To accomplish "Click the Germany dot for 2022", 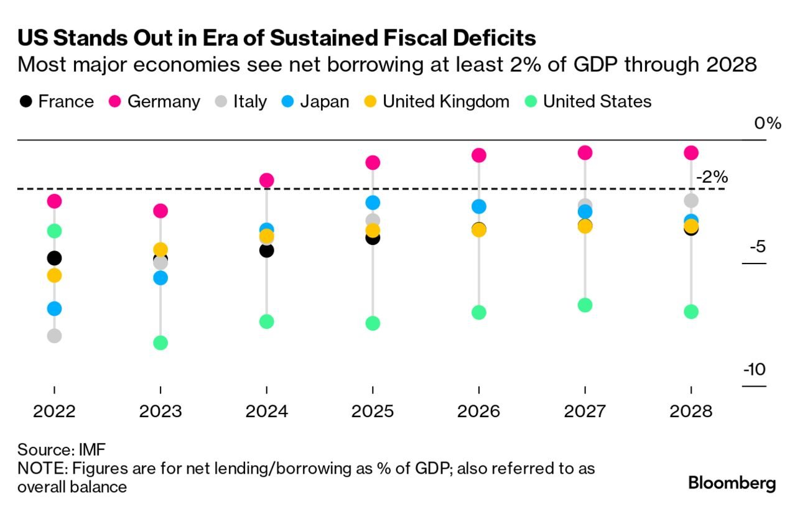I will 54,201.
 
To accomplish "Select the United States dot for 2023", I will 160,343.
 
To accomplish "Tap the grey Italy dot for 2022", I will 54,336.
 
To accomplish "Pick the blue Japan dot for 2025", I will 373,202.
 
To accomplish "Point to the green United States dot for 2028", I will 691,311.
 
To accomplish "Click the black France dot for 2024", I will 266,250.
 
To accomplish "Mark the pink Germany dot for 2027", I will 585,152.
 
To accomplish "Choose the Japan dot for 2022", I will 54,308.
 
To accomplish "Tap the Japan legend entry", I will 315,101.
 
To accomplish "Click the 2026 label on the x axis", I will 478,412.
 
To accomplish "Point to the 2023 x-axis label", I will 160,412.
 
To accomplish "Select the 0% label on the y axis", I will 767,123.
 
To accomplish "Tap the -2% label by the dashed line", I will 712,177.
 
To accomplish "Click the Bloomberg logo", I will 732,483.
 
